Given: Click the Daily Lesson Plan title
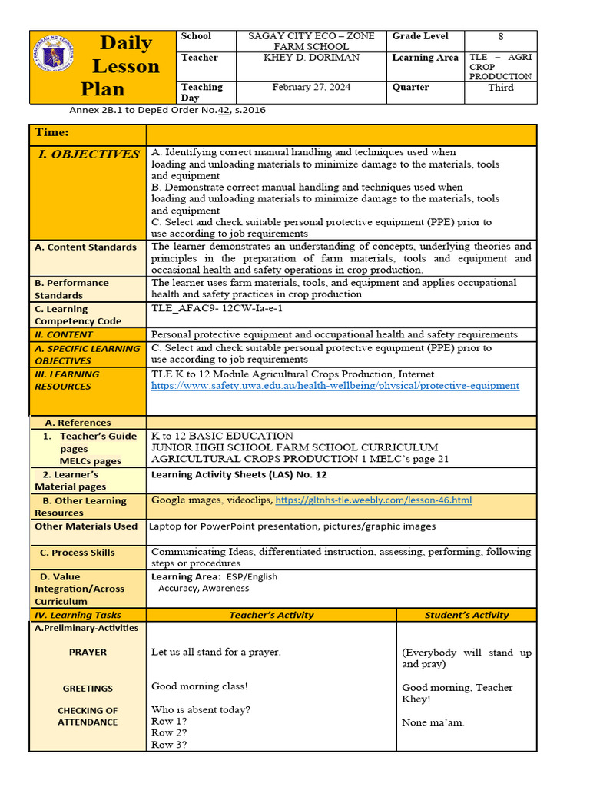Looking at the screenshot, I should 125,66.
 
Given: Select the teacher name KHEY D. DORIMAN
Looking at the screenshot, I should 310,58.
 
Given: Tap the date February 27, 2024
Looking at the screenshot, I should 310,87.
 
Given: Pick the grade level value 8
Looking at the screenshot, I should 500,36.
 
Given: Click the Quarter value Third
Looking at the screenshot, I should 500,87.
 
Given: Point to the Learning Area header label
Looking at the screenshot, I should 425,58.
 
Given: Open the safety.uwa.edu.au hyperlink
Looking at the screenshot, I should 335,385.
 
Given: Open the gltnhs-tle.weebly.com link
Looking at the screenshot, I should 373,500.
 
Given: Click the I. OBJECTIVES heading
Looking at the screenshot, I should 89,154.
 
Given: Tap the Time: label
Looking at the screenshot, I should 51,133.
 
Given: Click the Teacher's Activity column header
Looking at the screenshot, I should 271,615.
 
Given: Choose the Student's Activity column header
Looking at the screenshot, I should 467,615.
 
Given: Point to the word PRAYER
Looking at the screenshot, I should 88,652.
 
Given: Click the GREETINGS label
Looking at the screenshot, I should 88,689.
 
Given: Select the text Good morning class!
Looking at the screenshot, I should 200,686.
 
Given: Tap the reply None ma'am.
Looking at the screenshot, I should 433,722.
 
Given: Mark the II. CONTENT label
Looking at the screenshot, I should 63,334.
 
